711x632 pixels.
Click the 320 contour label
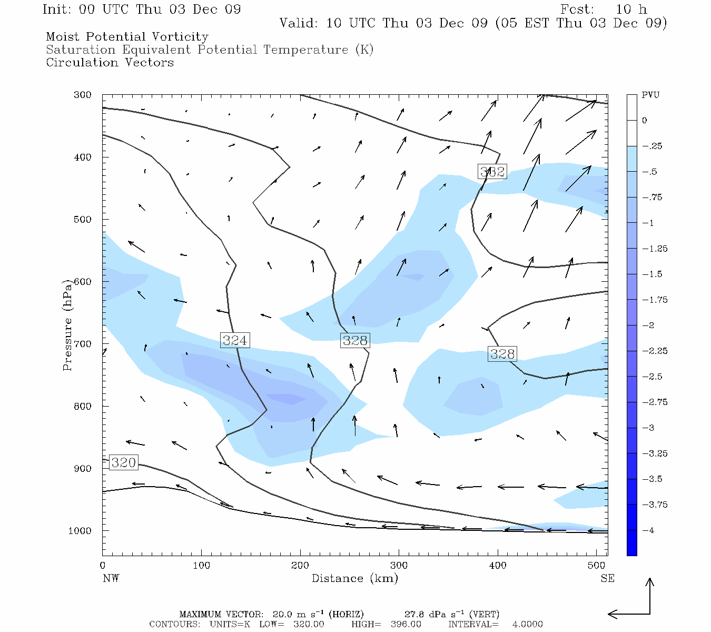click(x=124, y=463)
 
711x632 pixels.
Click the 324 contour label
click(x=235, y=341)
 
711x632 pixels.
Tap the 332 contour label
click(x=492, y=171)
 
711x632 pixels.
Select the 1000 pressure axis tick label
click(x=80, y=531)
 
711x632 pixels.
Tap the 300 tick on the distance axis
click(x=399, y=566)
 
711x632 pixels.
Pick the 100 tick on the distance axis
click(x=201, y=566)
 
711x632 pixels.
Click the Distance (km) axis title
click(x=355, y=578)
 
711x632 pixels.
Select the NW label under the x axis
click(x=111, y=578)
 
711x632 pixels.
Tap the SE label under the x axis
click(x=607, y=578)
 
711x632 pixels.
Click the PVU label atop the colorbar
click(x=650, y=95)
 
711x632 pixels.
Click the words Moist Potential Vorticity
click(x=127, y=37)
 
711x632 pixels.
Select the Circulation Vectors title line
click(x=110, y=63)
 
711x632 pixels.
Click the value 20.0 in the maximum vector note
click(x=283, y=614)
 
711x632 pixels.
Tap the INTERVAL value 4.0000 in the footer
click(x=527, y=624)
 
